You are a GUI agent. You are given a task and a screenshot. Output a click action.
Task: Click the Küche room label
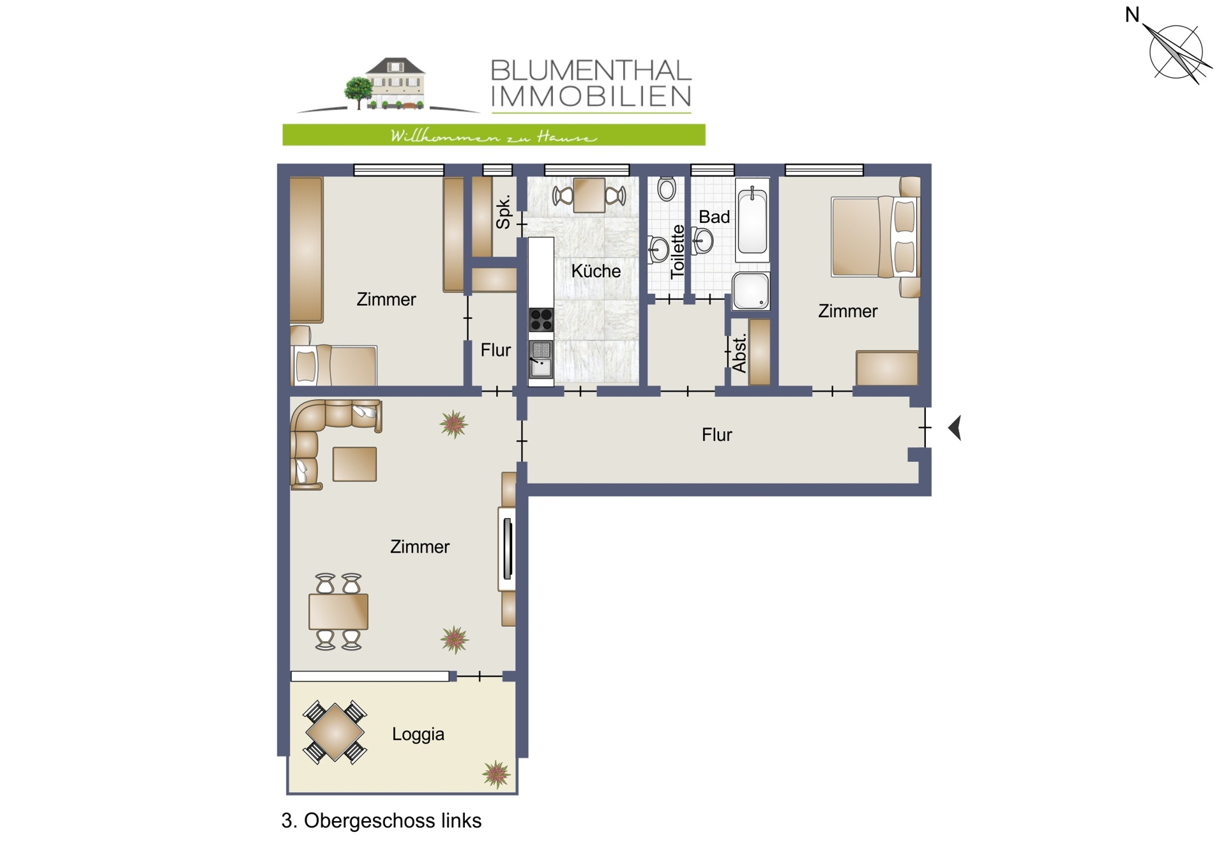[x=596, y=272]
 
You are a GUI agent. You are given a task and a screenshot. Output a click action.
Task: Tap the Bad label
[x=714, y=217]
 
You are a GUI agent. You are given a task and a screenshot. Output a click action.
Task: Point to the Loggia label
[x=418, y=735]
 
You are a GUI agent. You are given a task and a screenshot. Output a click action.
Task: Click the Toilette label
[x=677, y=252]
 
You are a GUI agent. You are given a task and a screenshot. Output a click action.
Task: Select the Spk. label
[x=503, y=212]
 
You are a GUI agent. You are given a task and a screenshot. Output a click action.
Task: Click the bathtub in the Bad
[x=752, y=220]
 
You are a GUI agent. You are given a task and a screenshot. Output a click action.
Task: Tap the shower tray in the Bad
[x=751, y=291]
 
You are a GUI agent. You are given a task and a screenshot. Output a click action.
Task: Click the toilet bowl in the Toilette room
[x=667, y=188]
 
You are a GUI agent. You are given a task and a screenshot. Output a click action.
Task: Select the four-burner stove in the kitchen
[x=541, y=319]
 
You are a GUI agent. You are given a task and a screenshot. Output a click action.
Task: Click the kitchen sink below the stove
[x=541, y=360]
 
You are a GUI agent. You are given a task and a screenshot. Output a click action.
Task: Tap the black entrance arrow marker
[x=955, y=427]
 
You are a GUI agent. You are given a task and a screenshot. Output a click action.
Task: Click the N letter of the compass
[x=1132, y=15]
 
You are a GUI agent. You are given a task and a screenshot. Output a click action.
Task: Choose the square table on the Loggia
[x=335, y=732]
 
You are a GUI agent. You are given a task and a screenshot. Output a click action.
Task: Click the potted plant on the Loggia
[x=496, y=774]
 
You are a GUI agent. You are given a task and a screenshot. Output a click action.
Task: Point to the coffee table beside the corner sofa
[x=354, y=464]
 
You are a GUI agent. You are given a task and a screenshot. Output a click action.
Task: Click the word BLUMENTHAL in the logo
[x=591, y=70]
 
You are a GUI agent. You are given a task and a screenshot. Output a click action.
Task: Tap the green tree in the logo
[x=358, y=91]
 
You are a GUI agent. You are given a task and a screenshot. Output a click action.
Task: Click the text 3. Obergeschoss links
[x=381, y=821]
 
